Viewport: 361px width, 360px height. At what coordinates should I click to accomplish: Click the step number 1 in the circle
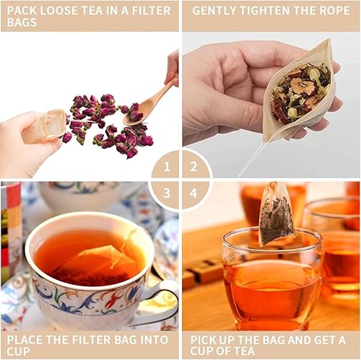[167, 167]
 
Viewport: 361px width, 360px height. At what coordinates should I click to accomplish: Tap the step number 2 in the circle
[193, 167]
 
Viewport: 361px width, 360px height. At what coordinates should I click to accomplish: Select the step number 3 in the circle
[167, 193]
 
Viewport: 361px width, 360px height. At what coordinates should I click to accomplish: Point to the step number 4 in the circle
[193, 193]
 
